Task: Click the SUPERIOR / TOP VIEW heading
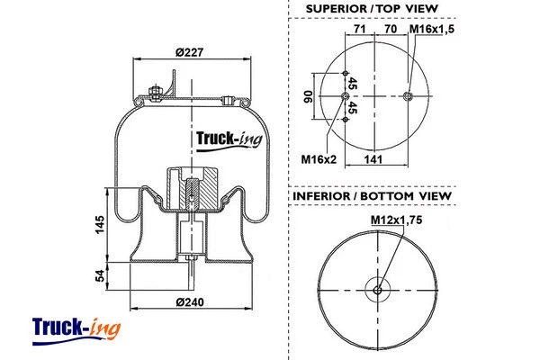(372, 9)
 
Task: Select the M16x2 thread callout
(318, 160)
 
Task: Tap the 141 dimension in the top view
(376, 160)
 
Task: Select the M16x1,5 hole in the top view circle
(408, 97)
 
